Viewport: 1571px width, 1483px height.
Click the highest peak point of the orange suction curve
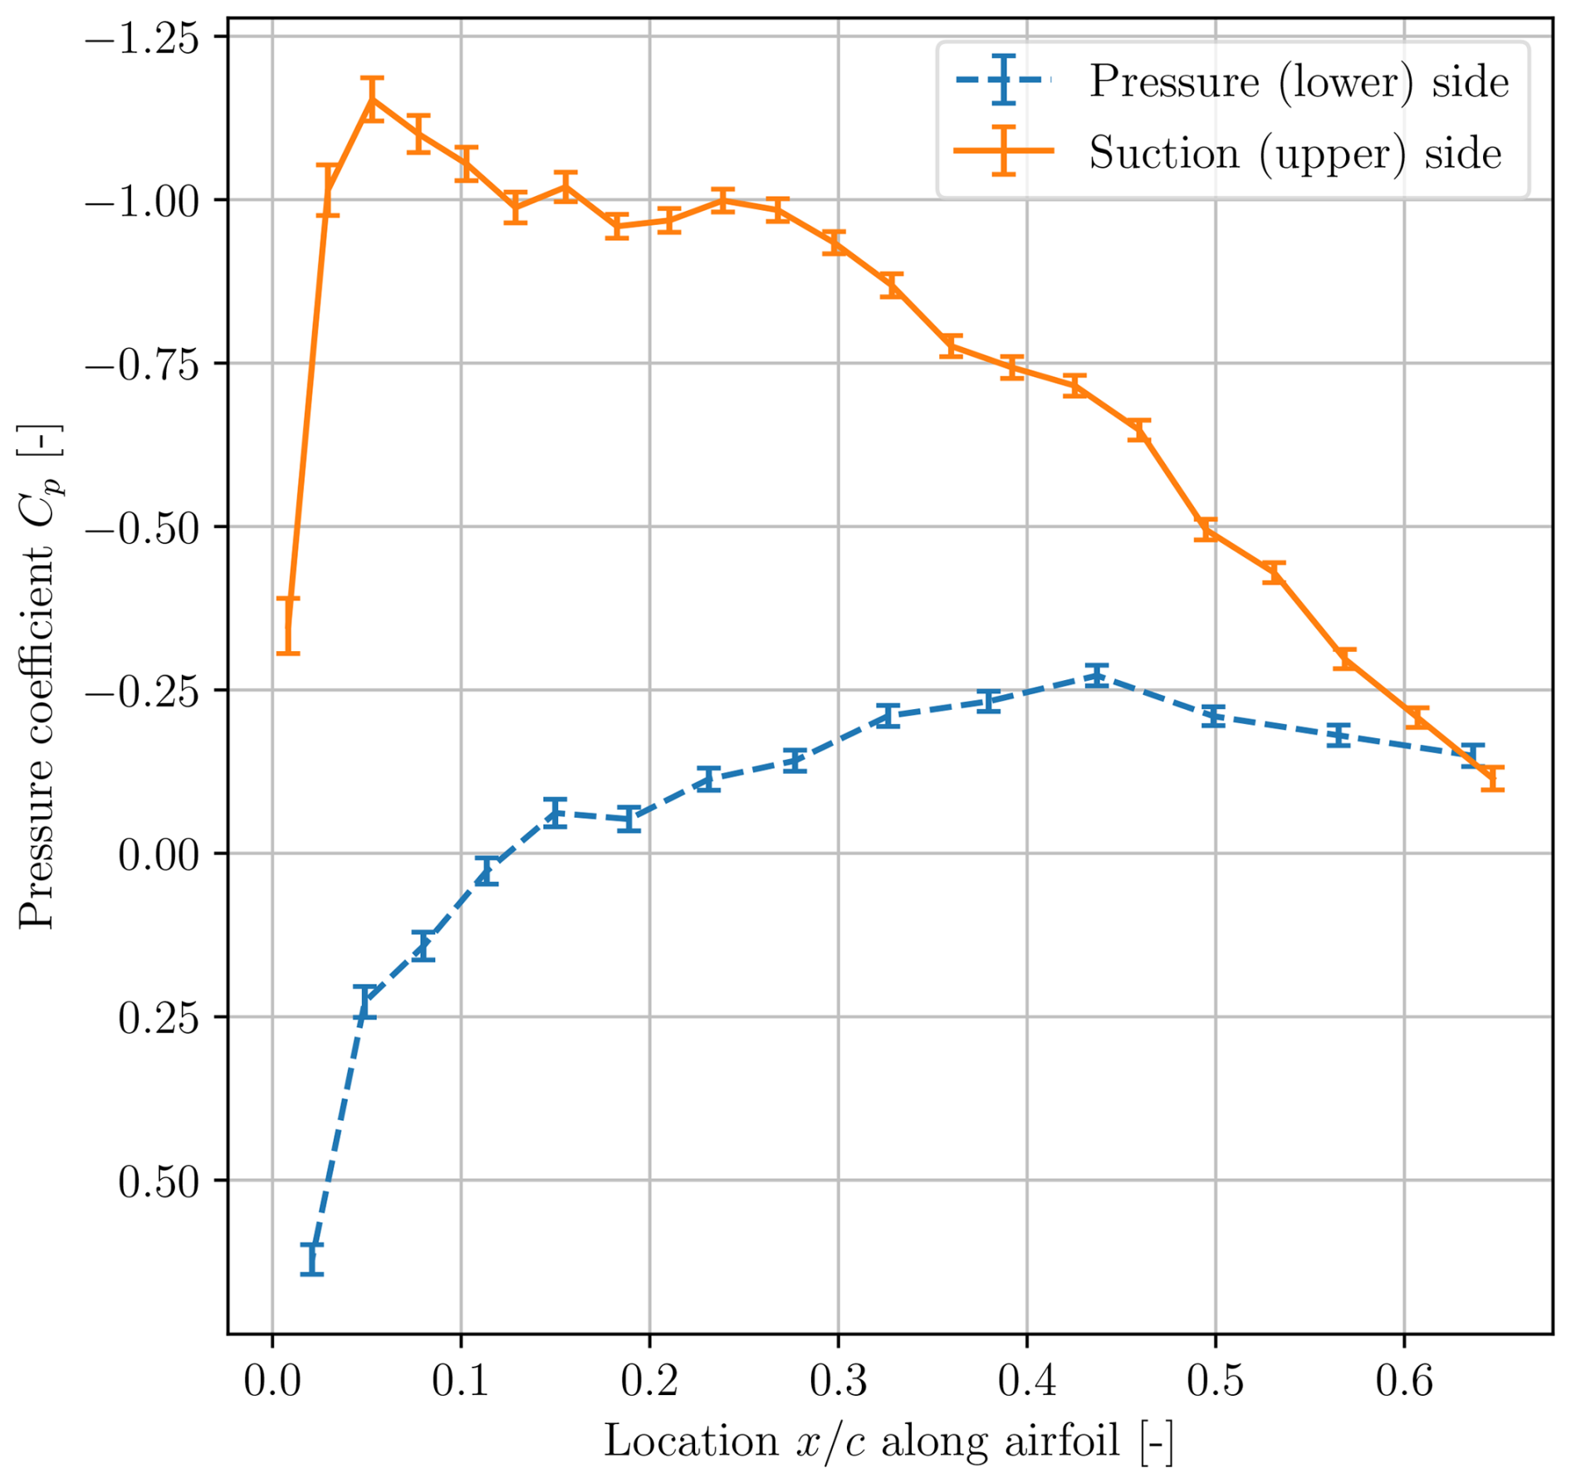click(374, 100)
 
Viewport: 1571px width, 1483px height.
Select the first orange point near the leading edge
click(288, 626)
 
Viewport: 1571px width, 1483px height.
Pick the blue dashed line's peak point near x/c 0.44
click(1097, 675)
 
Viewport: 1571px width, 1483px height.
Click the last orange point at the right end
click(1493, 778)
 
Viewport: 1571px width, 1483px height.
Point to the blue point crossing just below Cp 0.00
click(487, 871)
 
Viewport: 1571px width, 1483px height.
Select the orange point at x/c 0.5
click(1206, 530)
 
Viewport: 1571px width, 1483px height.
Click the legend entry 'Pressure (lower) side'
click(1299, 81)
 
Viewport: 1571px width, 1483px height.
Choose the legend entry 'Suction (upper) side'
click(1295, 154)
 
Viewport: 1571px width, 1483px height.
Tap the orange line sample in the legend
click(1004, 151)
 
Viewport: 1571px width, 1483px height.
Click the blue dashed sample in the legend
click(1004, 80)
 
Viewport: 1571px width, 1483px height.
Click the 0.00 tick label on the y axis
click(159, 854)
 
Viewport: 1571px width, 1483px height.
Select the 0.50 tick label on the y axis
click(159, 1182)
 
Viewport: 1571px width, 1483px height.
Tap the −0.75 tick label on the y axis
click(143, 365)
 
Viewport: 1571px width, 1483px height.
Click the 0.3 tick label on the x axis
click(838, 1380)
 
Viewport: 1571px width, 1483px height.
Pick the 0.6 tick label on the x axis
click(1404, 1380)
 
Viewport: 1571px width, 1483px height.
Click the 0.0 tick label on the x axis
click(272, 1380)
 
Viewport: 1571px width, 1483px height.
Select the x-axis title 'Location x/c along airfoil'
click(888, 1441)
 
